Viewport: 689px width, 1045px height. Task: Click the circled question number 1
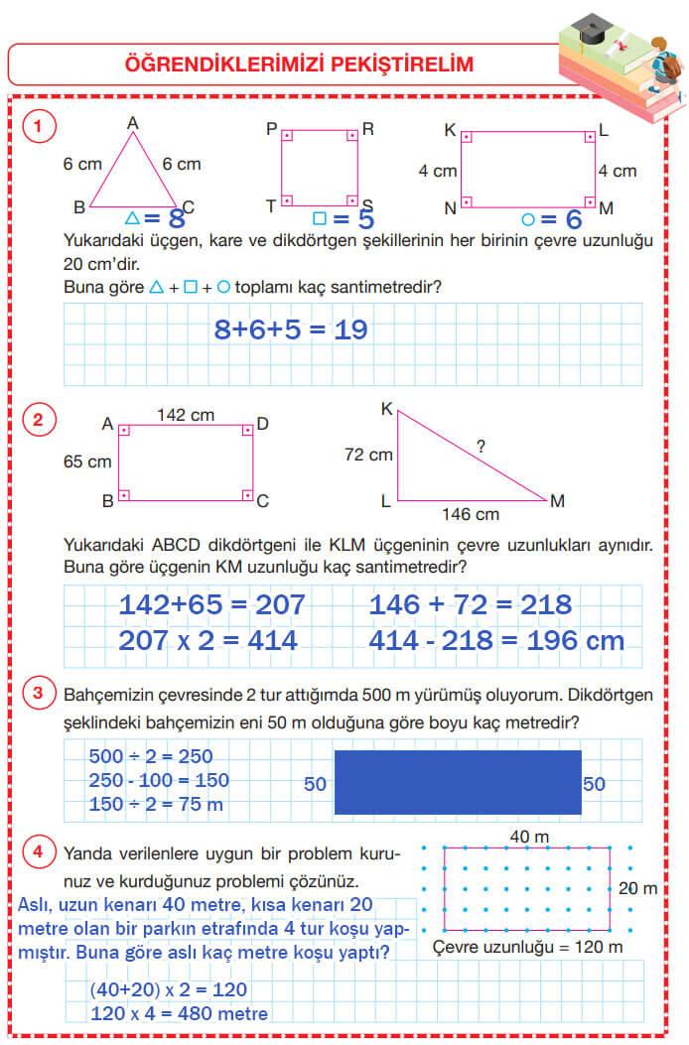[x=38, y=126]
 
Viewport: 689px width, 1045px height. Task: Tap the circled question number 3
[x=38, y=693]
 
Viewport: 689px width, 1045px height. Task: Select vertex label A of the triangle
[x=132, y=123]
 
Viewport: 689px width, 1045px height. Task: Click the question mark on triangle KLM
[x=481, y=447]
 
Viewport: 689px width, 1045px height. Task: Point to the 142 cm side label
[x=186, y=416]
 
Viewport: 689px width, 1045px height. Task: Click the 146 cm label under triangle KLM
[x=470, y=515]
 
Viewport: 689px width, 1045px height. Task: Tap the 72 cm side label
[x=368, y=455]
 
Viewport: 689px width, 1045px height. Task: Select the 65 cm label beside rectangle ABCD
[x=86, y=461]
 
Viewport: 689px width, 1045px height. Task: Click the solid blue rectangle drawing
[x=458, y=782]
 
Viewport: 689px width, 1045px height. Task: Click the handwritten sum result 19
[x=350, y=329]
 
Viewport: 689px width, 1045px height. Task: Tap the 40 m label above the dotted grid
[x=529, y=838]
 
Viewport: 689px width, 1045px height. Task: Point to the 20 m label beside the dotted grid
[x=637, y=888]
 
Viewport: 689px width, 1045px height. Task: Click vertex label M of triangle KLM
[x=557, y=501]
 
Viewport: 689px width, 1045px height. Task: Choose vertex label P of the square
[x=271, y=129]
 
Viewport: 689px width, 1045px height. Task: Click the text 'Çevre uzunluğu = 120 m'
[x=528, y=947]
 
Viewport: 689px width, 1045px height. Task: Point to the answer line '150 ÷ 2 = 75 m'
[x=156, y=804]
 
